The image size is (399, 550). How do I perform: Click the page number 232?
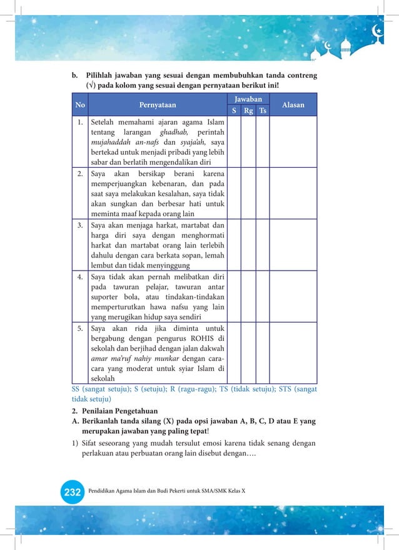pyautogui.click(x=73, y=492)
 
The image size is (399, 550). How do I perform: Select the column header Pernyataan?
pyautogui.click(x=158, y=105)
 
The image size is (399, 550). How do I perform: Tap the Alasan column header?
pyautogui.click(x=293, y=105)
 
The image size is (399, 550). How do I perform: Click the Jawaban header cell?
pyautogui.click(x=248, y=100)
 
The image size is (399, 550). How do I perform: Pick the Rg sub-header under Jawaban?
pyautogui.click(x=248, y=111)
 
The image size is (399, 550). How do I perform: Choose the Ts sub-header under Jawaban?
pyautogui.click(x=263, y=111)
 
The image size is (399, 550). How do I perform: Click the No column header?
pyautogui.click(x=80, y=105)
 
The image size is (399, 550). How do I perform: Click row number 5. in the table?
pyautogui.click(x=81, y=328)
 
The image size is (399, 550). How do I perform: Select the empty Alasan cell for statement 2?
pyautogui.click(x=293, y=193)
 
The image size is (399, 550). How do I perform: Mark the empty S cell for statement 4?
pyautogui.click(x=234, y=297)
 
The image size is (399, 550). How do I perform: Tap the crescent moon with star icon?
pyautogui.click(x=378, y=29)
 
